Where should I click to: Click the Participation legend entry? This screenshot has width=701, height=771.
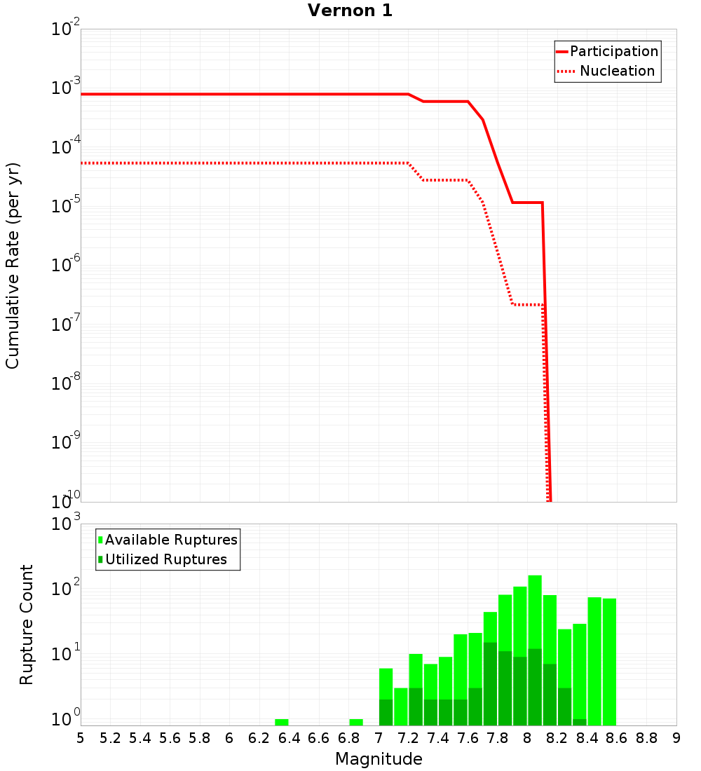point(613,51)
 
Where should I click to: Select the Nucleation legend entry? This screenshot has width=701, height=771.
point(616,71)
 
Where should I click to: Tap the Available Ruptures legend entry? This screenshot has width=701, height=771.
point(170,540)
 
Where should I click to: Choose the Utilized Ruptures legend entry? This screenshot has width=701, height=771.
point(165,559)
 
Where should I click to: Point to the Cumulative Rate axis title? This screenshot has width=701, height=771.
point(13,265)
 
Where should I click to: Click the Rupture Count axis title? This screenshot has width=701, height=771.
point(27,624)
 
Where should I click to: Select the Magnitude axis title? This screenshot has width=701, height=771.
point(379,759)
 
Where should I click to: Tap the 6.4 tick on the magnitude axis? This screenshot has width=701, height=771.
point(289,738)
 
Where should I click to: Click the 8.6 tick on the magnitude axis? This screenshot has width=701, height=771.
point(617,738)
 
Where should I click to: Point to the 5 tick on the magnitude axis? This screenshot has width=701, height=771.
point(81,738)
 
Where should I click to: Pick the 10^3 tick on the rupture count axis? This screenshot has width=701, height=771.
point(65,524)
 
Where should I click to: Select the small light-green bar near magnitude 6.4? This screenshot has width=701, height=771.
point(282,722)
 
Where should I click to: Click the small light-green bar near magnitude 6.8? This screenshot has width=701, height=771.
point(356,722)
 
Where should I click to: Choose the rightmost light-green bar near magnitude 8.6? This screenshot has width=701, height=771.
point(609,659)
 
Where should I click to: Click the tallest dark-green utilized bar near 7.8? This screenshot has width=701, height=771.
point(490,683)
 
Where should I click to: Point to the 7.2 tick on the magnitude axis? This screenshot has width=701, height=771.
point(408,738)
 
